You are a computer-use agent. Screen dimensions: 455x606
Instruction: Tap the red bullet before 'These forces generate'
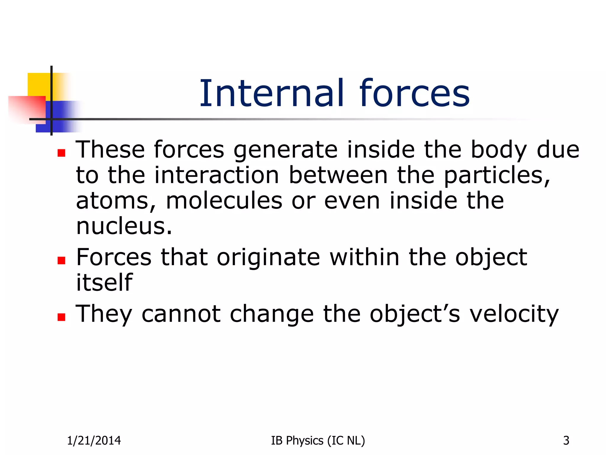coord(61,153)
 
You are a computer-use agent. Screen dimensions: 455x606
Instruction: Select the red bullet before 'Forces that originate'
coord(61,260)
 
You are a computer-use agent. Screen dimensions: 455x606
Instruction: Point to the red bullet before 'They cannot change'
coord(61,317)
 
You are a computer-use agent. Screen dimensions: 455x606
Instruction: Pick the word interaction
coord(217,175)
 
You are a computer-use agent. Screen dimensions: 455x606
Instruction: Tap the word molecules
coord(224,201)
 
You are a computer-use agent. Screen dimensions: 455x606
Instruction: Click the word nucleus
coord(124,226)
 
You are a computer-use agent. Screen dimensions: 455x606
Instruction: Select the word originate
coord(268,257)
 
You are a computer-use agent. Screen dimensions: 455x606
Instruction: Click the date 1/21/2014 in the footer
coord(94,441)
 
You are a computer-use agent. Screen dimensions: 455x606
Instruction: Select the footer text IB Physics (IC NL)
coord(318,441)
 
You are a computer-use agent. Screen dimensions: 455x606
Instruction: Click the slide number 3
coord(566,441)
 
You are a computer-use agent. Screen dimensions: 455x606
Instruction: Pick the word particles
coord(497,175)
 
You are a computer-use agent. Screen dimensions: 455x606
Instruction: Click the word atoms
coord(115,201)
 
